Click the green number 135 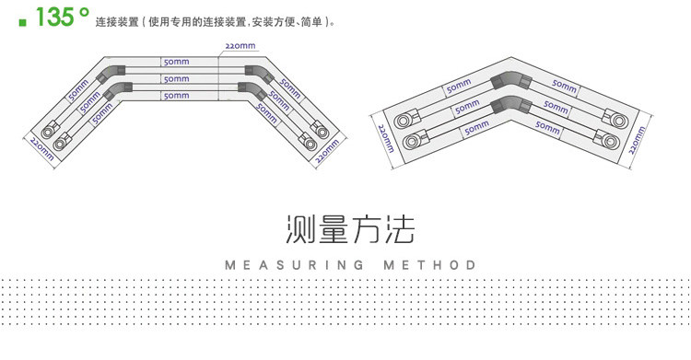point(54,17)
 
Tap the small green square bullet point(22,22)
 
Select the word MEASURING point(295,265)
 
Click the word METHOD point(429,265)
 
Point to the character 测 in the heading point(300,229)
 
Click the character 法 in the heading point(399,229)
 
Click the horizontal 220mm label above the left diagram point(240,46)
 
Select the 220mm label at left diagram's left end point(41,149)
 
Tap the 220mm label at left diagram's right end point(328,151)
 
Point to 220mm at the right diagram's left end point(386,138)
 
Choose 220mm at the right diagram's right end point(638,140)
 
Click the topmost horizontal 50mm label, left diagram point(176,62)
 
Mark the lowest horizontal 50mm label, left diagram point(176,96)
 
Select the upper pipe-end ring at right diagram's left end point(402,121)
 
